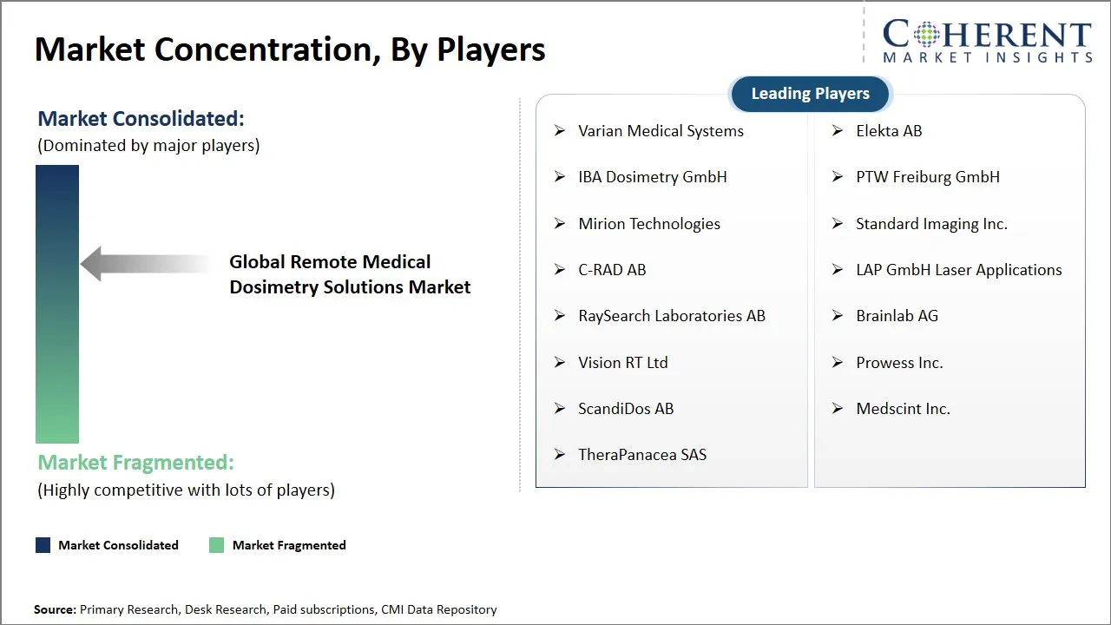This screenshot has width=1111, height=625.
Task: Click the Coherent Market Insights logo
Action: (x=987, y=41)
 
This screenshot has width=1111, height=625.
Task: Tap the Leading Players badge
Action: (x=810, y=94)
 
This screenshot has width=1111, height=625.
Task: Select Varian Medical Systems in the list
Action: (x=661, y=131)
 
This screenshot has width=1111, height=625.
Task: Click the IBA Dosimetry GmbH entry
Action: (x=652, y=177)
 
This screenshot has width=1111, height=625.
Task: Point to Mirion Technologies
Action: (x=648, y=224)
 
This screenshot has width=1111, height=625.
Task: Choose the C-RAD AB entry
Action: (x=612, y=270)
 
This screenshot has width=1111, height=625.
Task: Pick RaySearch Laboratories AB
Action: (x=671, y=316)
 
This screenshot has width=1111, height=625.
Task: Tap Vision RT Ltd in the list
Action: (x=622, y=363)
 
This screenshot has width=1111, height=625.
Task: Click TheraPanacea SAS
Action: (x=642, y=455)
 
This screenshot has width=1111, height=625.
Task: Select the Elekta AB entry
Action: (x=889, y=131)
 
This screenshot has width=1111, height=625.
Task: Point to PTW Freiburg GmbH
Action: (x=927, y=177)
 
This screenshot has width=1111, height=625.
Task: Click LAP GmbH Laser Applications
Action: (x=958, y=270)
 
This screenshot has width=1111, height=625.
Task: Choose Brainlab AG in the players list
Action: (x=897, y=316)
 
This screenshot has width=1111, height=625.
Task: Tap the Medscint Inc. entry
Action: (x=903, y=409)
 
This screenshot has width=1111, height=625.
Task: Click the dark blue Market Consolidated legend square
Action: (x=43, y=545)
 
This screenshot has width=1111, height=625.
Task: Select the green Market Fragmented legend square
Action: (x=216, y=545)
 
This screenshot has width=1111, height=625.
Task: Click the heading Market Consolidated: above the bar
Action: (x=141, y=119)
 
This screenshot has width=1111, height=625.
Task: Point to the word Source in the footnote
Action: (x=55, y=610)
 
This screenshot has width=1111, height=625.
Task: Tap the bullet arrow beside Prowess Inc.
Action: (x=838, y=362)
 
